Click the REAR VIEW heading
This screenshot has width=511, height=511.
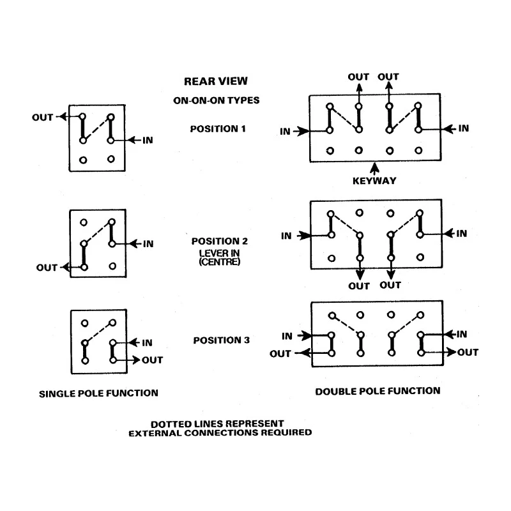(x=216, y=81)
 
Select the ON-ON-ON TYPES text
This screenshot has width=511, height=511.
(x=217, y=100)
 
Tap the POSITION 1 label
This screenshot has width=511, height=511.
(x=218, y=129)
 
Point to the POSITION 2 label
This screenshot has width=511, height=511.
(x=219, y=241)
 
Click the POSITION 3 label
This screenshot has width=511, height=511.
(x=221, y=340)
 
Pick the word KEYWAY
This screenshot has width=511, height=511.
(x=374, y=181)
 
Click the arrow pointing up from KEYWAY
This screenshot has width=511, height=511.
(x=375, y=169)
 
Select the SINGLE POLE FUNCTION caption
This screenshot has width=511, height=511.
(x=98, y=393)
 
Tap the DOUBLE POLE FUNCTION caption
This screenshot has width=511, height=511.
(x=378, y=391)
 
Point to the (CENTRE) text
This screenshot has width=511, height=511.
(x=220, y=262)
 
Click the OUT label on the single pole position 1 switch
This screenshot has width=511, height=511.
(x=42, y=118)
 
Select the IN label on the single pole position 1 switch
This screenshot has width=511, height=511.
(x=148, y=140)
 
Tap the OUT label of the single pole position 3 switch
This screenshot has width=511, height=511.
(x=152, y=360)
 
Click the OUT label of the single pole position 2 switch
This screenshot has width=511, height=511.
(x=47, y=268)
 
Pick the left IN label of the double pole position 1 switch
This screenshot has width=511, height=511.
(x=285, y=132)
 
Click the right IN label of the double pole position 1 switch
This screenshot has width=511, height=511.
(x=464, y=128)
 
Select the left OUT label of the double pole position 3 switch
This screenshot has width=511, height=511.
(x=280, y=354)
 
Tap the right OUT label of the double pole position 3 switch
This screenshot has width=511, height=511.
(x=468, y=353)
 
